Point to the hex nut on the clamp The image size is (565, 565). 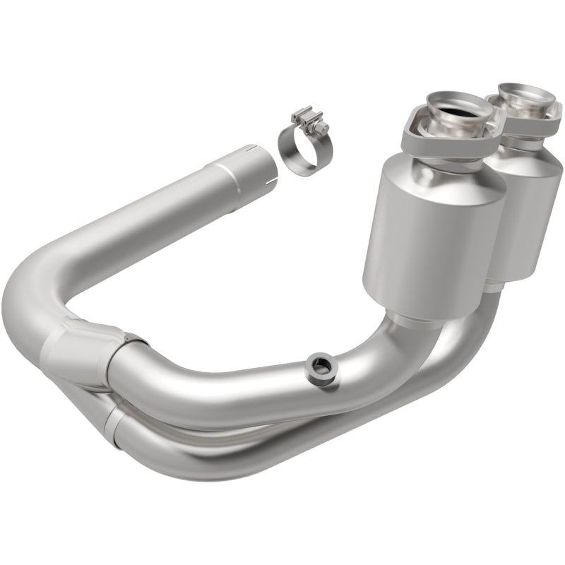coord(323,130)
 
